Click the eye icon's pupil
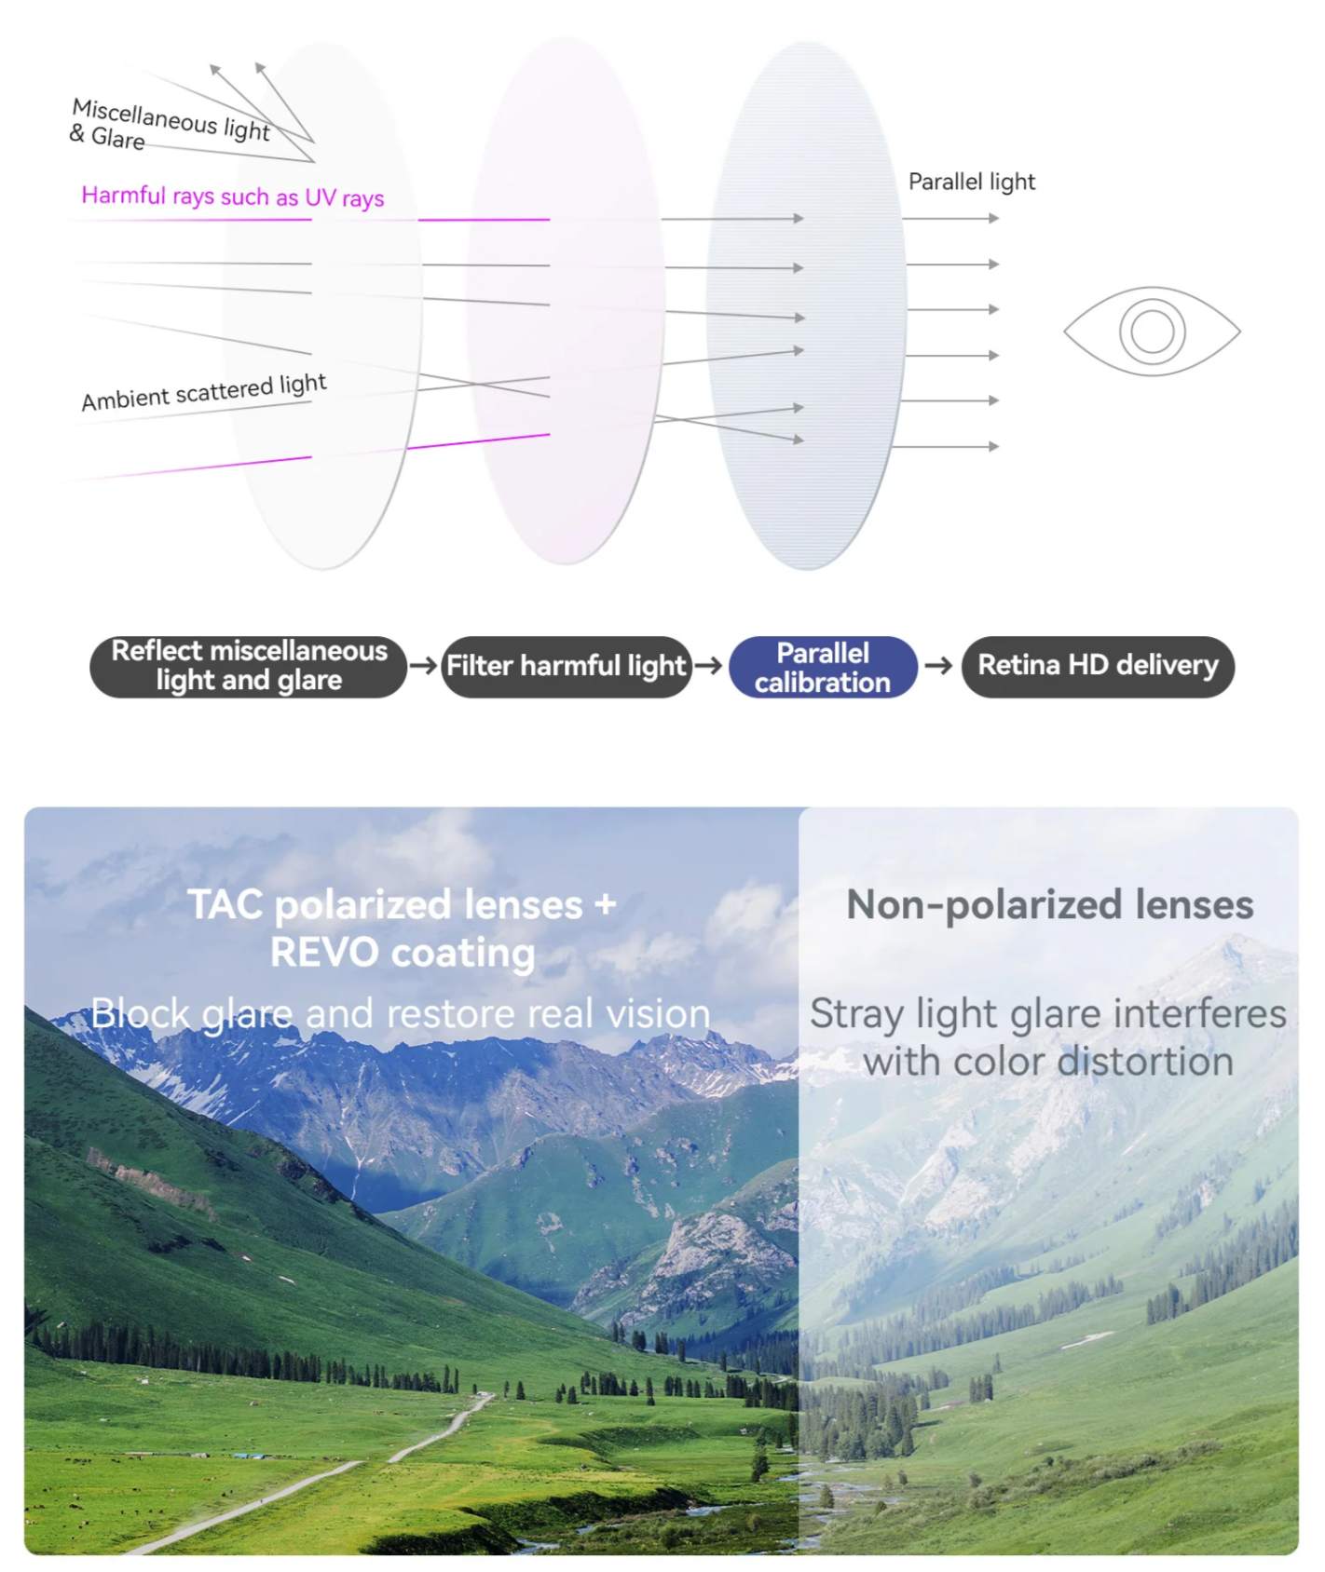(x=1152, y=332)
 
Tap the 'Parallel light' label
(x=971, y=182)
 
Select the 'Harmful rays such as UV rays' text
(x=233, y=196)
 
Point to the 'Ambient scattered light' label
(x=204, y=391)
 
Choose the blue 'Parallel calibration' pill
(x=823, y=667)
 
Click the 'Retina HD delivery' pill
(x=1098, y=666)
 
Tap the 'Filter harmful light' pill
(x=567, y=667)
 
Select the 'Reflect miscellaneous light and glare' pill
(x=249, y=667)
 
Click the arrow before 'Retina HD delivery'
(x=938, y=666)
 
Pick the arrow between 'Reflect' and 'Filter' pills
(x=424, y=666)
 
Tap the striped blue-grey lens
(x=807, y=305)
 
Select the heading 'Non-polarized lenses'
(x=1050, y=905)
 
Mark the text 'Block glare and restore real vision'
(x=401, y=1014)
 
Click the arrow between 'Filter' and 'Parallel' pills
(x=709, y=666)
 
